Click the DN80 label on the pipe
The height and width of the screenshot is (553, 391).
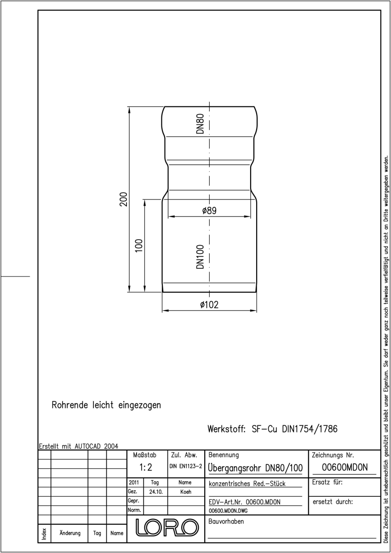click(200, 124)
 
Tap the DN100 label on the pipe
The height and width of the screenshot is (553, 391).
click(200, 257)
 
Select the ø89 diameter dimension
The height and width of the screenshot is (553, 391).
click(209, 211)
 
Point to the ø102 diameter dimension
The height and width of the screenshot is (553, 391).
click(209, 305)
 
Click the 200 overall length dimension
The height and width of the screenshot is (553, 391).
click(123, 199)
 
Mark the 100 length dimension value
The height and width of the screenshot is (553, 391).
click(139, 245)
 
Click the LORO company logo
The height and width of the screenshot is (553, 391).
click(167, 528)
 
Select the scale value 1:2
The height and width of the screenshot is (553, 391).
click(146, 467)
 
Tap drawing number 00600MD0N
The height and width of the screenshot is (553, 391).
click(345, 467)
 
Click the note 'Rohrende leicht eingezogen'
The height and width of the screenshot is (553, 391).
click(106, 405)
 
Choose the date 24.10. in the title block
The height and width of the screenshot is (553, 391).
click(156, 492)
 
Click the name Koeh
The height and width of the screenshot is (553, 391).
click(186, 492)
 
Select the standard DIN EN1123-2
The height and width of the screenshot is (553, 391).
click(186, 466)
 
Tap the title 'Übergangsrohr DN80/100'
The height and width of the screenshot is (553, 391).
click(255, 468)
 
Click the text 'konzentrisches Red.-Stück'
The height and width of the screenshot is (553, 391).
click(247, 483)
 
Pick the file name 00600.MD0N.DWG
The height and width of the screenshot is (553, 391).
click(228, 511)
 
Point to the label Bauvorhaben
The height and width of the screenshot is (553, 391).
click(226, 521)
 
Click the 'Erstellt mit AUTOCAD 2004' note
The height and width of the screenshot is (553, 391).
click(79, 447)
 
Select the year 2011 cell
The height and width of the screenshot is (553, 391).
click(134, 482)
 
